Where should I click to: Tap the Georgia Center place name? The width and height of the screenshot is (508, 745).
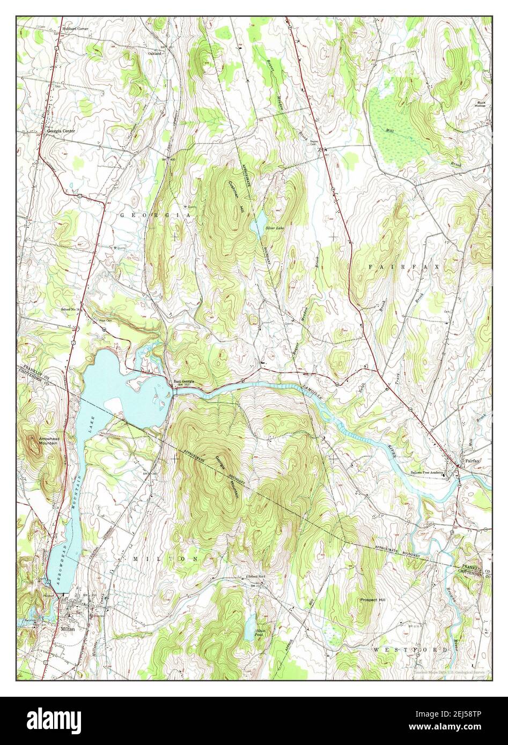(61, 131)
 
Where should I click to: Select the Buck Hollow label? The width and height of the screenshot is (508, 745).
(480, 104)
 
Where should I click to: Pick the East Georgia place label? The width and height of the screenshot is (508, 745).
(186, 382)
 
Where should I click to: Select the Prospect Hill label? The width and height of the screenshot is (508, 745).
(373, 600)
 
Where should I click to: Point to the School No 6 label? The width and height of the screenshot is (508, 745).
(257, 576)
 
